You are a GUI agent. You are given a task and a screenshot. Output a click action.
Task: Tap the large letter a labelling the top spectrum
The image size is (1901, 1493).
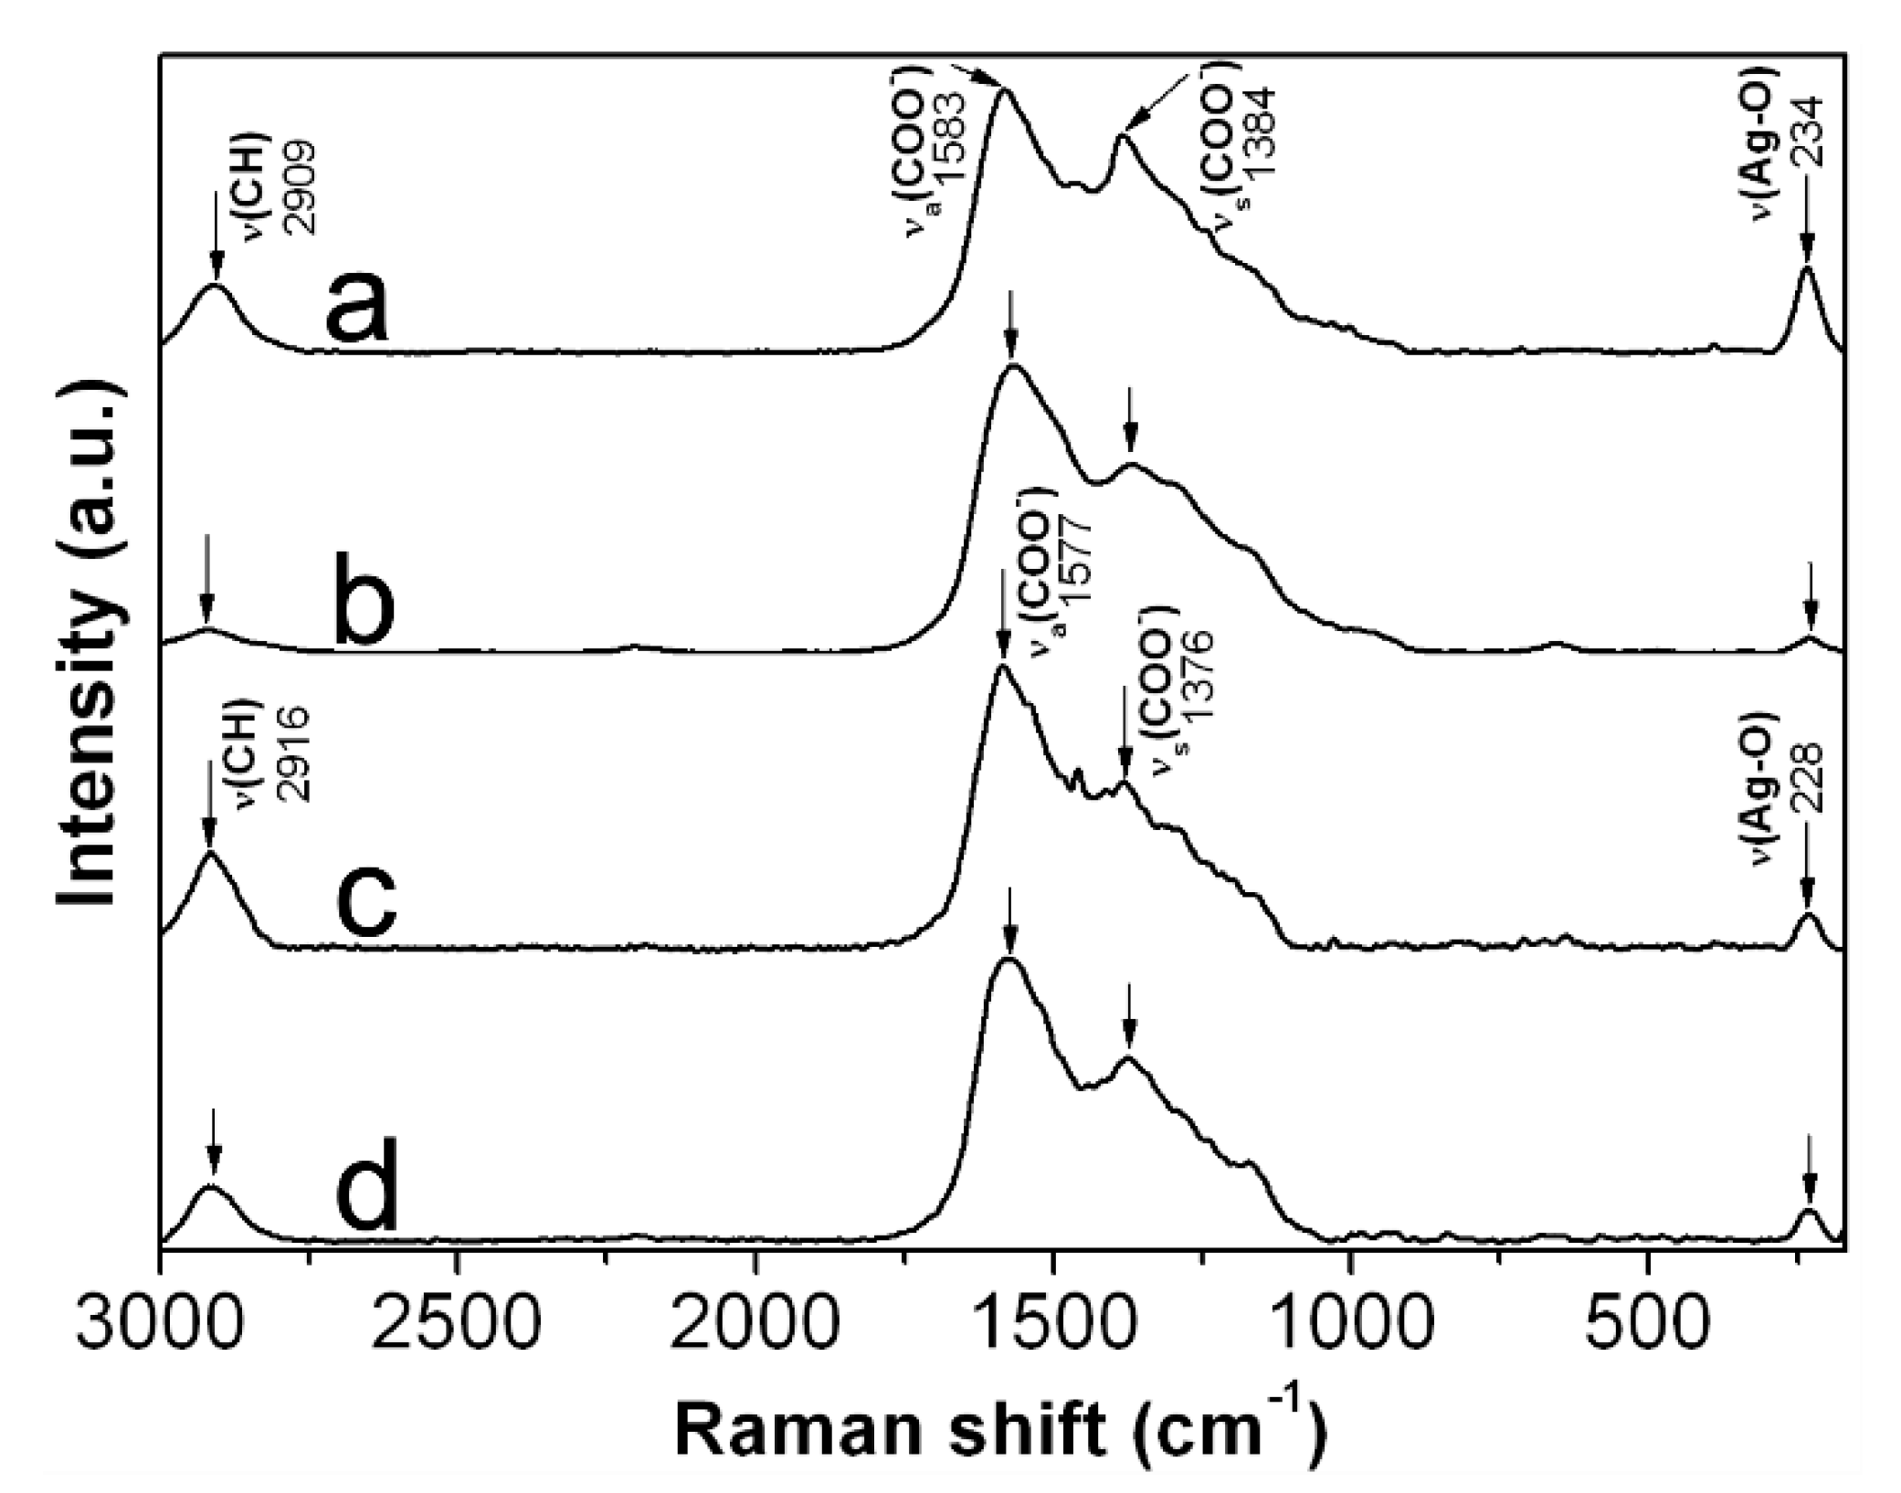point(357,306)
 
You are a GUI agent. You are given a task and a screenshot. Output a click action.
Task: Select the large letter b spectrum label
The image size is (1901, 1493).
point(364,603)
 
